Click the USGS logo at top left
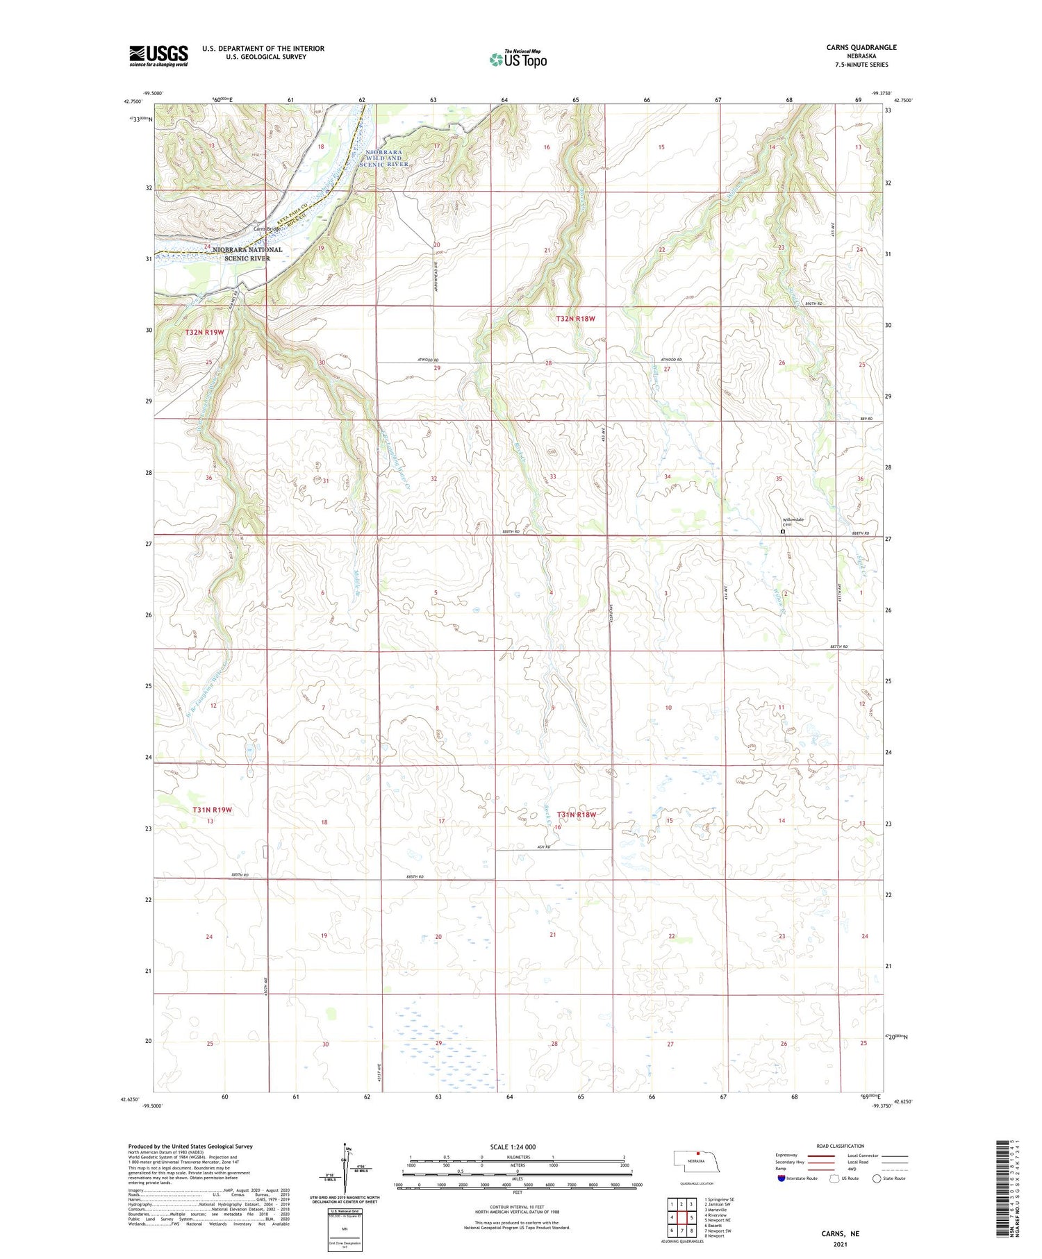(158, 56)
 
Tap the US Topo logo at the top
(518, 59)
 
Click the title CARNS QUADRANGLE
(861, 47)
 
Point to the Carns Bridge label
(266, 228)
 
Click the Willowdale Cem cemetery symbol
(783, 532)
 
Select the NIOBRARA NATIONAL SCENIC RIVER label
(247, 253)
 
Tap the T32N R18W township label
(576, 319)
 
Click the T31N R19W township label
(212, 810)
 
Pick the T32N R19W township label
(205, 333)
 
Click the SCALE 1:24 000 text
(513, 1147)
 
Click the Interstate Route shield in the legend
(781, 1178)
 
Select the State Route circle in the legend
(877, 1178)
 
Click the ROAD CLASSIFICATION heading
(840, 1146)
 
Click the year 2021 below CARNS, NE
(840, 1244)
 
